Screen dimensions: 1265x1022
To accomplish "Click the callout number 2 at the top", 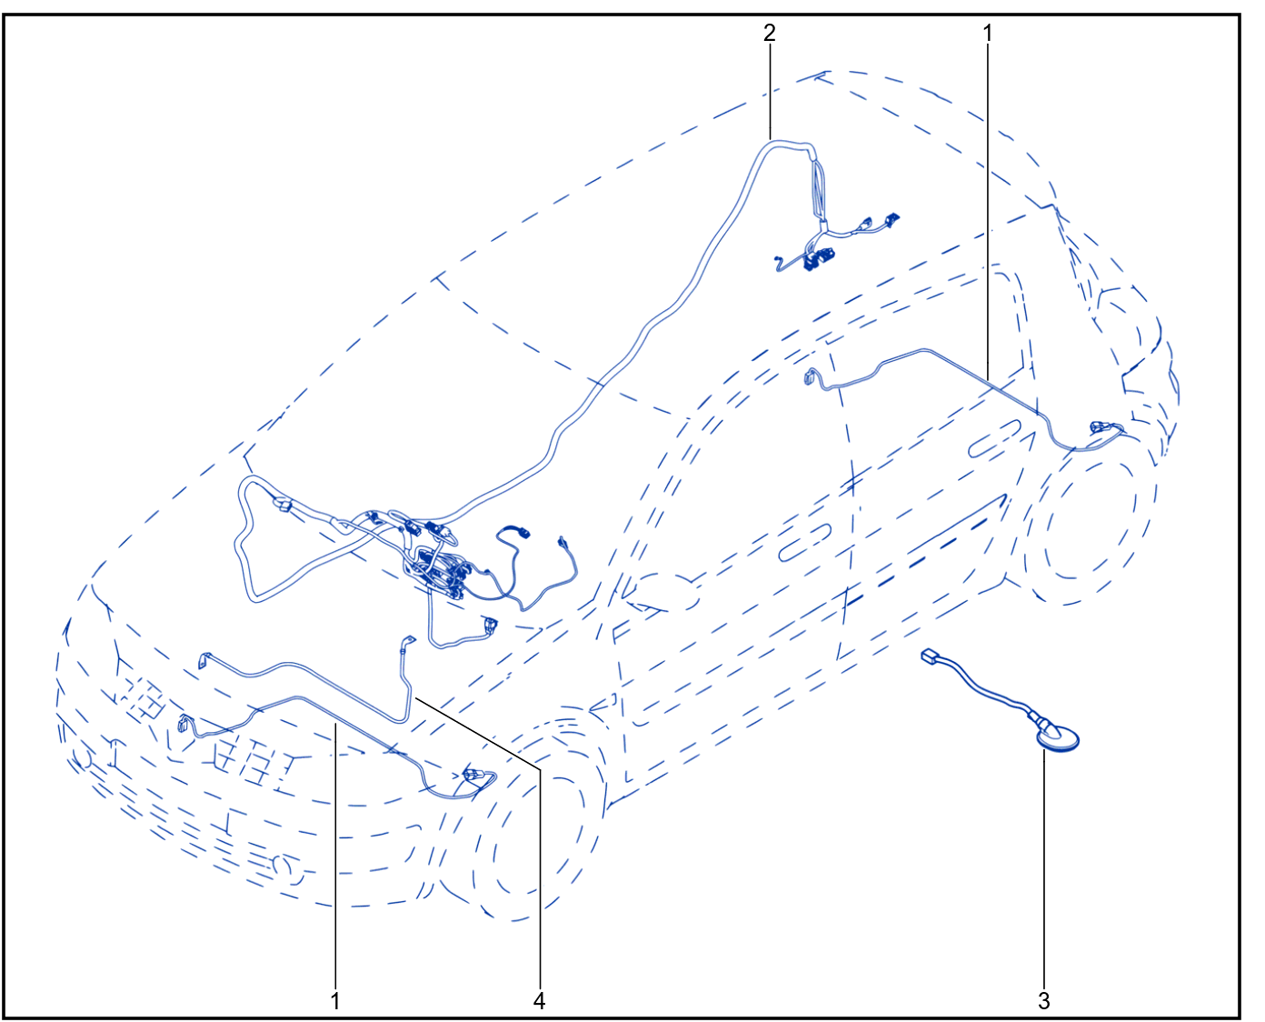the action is (769, 33).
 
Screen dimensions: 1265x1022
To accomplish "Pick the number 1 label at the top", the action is (988, 33).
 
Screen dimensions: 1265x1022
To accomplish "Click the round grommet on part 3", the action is (1057, 738).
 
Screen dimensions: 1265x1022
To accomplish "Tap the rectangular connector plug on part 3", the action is (929, 656).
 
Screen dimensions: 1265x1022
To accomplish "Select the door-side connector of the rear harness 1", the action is (810, 376).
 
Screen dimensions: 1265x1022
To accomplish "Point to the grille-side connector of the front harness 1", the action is (185, 724).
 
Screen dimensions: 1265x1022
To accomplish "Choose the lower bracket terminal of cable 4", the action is (204, 659).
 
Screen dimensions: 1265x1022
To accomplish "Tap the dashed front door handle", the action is (805, 542).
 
